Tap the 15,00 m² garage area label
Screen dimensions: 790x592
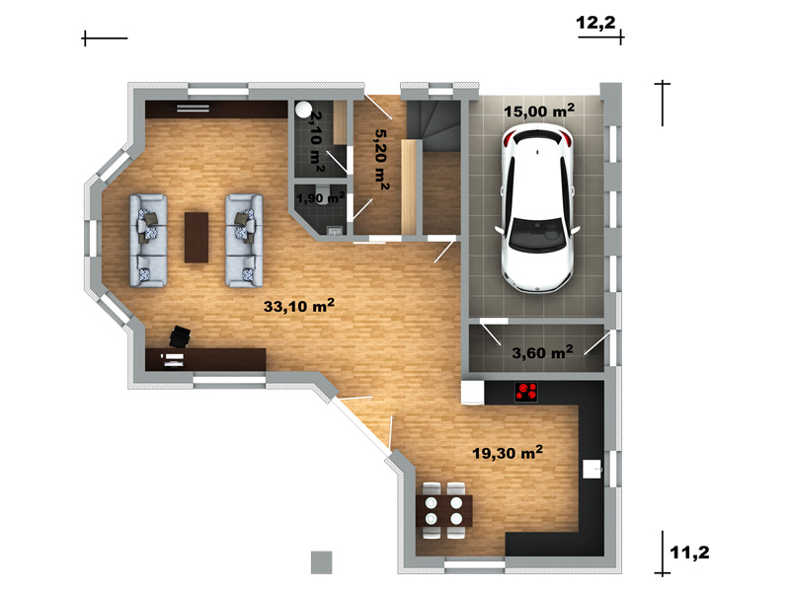(x=539, y=111)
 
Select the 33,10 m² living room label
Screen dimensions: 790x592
(x=299, y=306)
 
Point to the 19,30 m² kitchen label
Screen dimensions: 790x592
(x=508, y=453)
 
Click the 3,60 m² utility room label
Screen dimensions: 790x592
(x=542, y=352)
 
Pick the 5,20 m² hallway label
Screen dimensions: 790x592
(x=382, y=160)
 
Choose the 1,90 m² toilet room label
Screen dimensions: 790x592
(x=320, y=198)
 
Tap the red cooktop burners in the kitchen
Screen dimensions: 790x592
(x=526, y=392)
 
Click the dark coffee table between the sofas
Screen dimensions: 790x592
(x=196, y=237)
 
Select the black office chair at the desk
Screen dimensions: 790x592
(x=180, y=336)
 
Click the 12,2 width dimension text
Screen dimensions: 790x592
(x=595, y=23)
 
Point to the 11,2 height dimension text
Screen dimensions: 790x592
(x=689, y=553)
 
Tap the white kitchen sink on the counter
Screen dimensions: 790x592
(x=592, y=470)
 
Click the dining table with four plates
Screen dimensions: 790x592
(x=443, y=511)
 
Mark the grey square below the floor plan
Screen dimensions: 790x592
(x=322, y=562)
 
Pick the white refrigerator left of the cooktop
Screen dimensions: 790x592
(x=473, y=392)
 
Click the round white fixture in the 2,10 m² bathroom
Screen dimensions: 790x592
(x=303, y=110)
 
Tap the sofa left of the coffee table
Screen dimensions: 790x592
(x=148, y=241)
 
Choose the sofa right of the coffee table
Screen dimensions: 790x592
(x=244, y=241)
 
